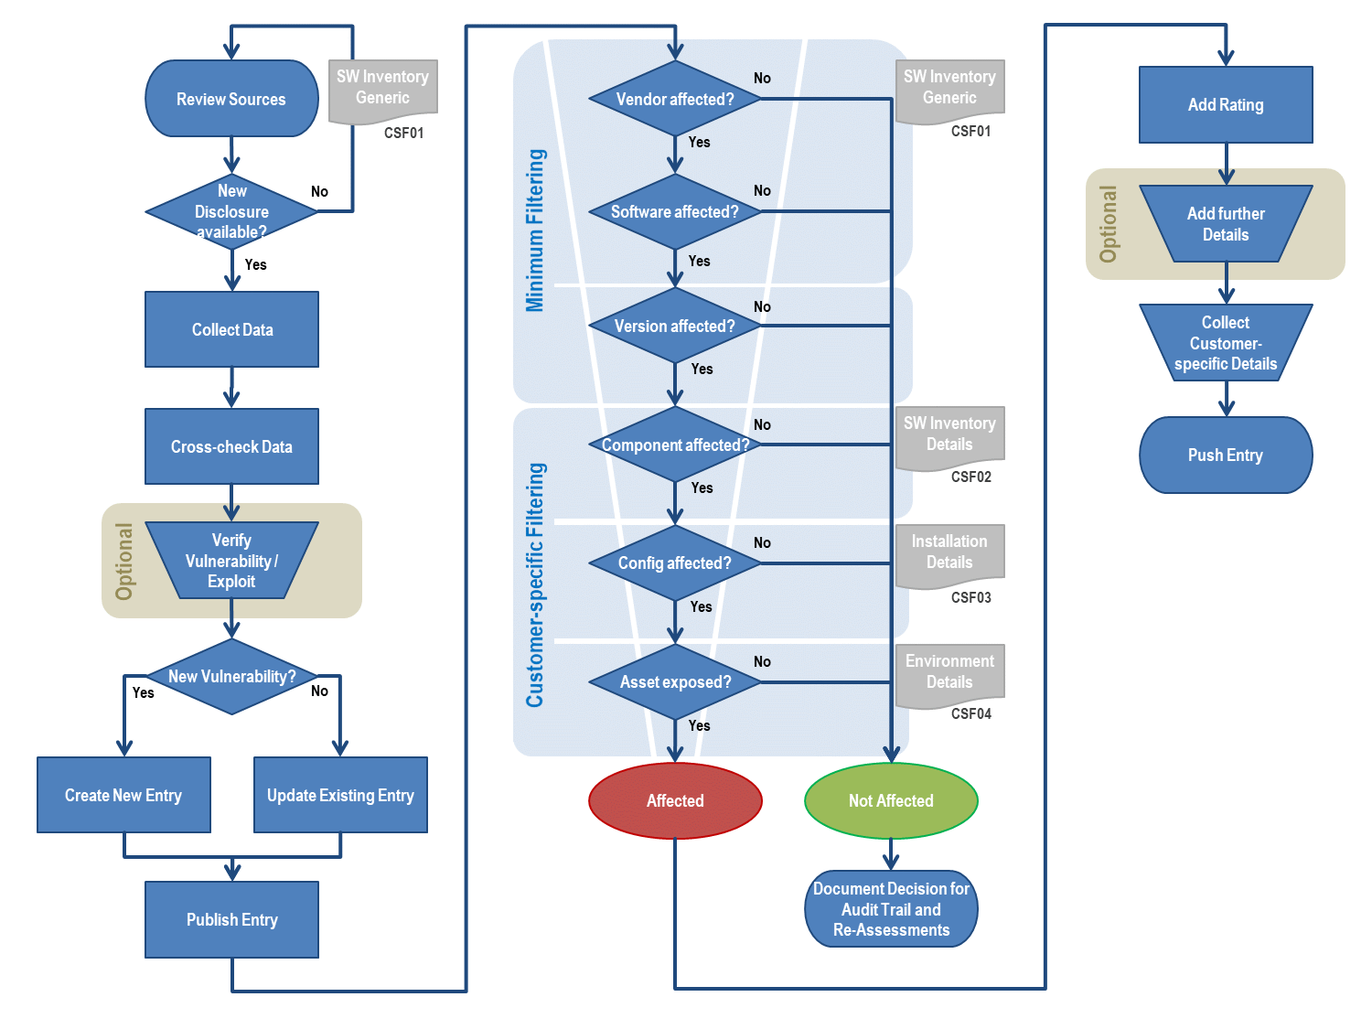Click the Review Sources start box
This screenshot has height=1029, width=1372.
coord(231,99)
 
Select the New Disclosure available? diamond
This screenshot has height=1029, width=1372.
coord(231,211)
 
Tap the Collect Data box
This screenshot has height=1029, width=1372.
coord(231,329)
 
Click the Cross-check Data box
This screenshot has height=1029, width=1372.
coord(231,446)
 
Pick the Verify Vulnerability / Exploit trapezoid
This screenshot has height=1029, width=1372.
coord(231,561)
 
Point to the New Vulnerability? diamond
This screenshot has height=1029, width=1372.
coord(231,677)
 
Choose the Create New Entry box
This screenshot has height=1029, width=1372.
coord(123,795)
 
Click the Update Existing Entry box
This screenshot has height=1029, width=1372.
coord(340,795)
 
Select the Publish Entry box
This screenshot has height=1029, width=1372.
coord(231,919)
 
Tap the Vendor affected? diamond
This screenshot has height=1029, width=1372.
coord(675,99)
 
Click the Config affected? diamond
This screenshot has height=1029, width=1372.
coord(675,563)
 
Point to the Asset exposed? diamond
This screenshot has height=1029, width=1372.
coord(675,681)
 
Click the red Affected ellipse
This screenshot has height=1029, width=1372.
coord(675,800)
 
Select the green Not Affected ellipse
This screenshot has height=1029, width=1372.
coord(891,800)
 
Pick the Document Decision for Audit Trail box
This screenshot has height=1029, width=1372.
coord(891,908)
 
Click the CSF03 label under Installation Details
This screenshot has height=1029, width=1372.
coord(970,597)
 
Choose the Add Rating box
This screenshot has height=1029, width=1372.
coord(1226,104)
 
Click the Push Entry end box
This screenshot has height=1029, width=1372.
coord(1226,455)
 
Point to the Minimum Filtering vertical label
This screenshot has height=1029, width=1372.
coord(535,230)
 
